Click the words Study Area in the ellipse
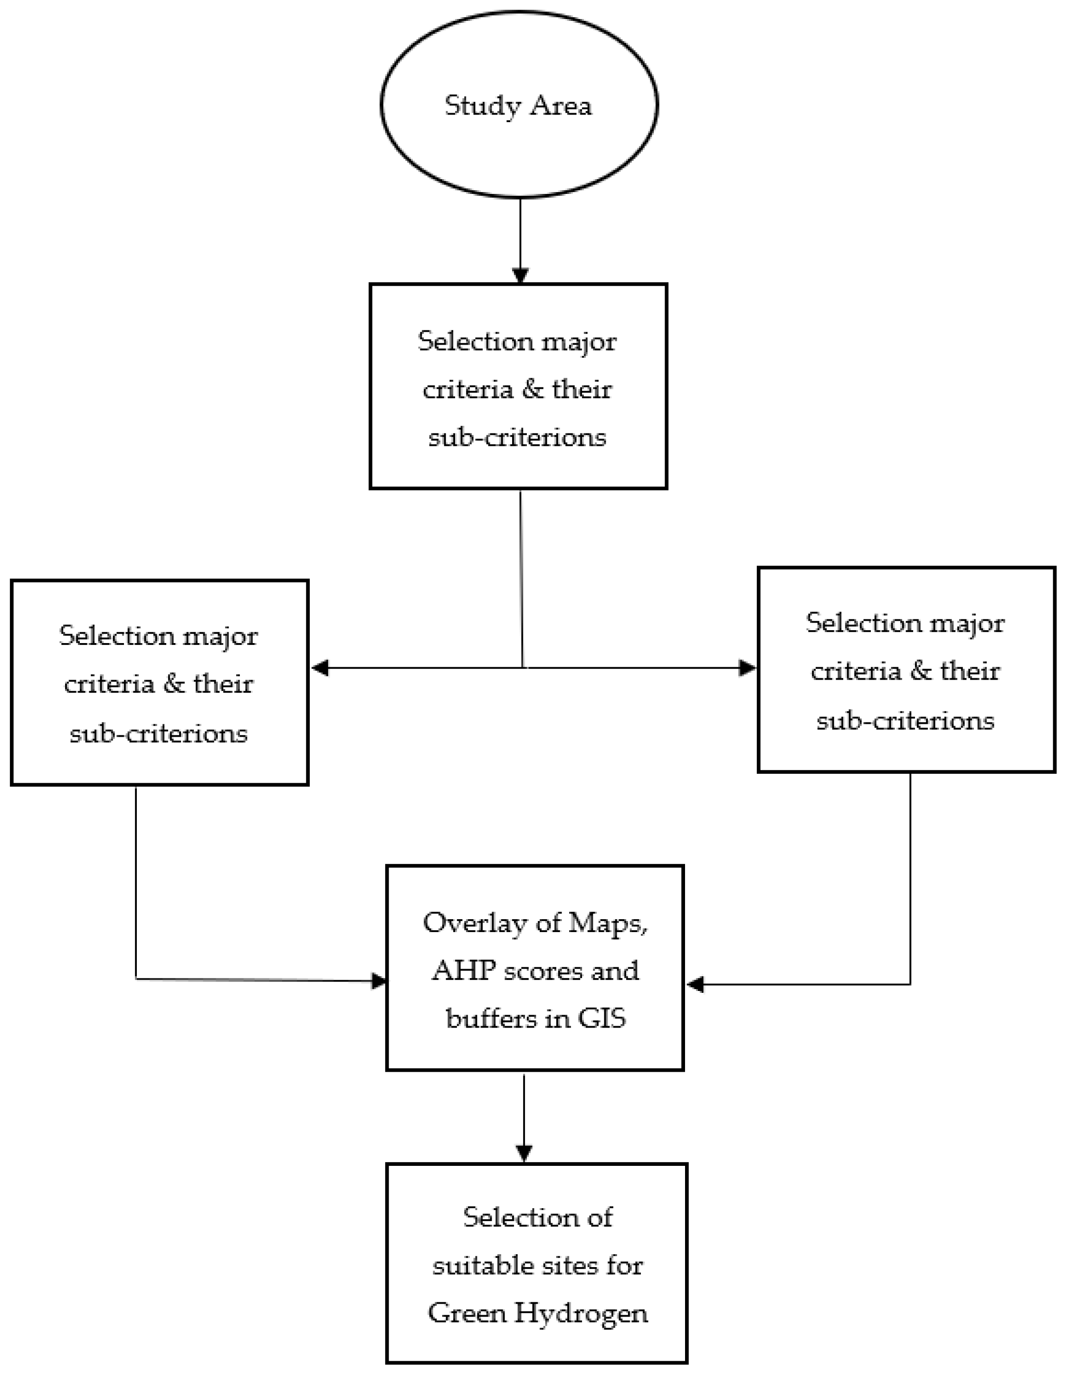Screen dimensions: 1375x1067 click(x=518, y=105)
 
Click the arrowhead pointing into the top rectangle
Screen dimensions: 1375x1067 click(x=520, y=276)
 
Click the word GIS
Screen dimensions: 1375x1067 click(x=601, y=1018)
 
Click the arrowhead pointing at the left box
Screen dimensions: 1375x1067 click(x=320, y=667)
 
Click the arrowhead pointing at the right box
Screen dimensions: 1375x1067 click(x=747, y=667)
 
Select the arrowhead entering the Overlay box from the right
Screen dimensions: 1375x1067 click(x=695, y=984)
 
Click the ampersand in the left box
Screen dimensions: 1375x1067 click(x=174, y=684)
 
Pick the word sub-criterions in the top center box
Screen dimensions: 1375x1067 click(x=517, y=437)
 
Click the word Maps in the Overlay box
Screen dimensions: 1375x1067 click(x=607, y=923)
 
